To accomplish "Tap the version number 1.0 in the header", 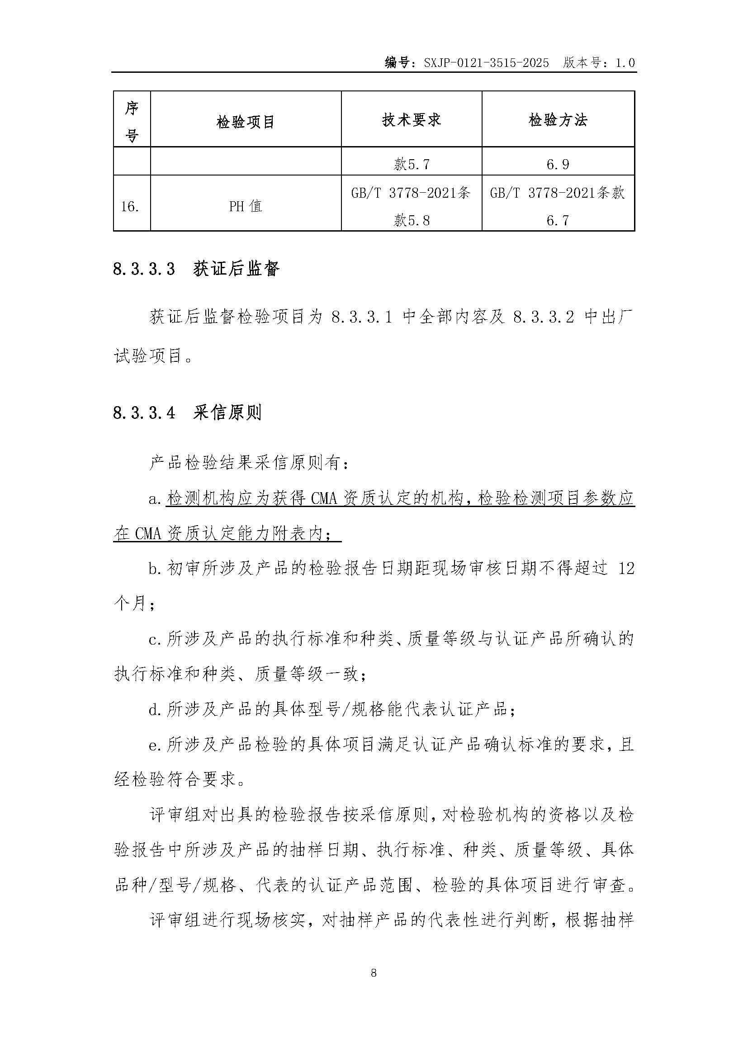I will tap(625, 63).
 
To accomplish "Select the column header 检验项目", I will tap(246, 122).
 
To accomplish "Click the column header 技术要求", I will tap(411, 120).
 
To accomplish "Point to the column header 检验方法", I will tap(558, 120).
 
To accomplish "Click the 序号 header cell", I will tap(132, 122).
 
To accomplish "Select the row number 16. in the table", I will tap(130, 206).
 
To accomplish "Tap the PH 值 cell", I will tap(246, 206).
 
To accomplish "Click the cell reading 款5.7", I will tap(411, 164).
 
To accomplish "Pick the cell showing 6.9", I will tap(558, 164).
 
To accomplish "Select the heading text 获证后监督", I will tap(236, 269).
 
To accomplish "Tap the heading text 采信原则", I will tap(227, 413).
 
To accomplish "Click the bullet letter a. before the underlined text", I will tap(155, 499).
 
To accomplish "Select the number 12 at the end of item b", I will tap(626, 568).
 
